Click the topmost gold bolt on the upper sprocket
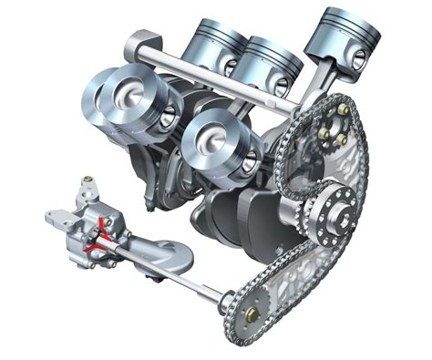click(343, 110)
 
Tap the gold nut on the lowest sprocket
click(252, 314)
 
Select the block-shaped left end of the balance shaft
click(141, 42)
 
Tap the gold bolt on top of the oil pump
click(87, 183)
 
